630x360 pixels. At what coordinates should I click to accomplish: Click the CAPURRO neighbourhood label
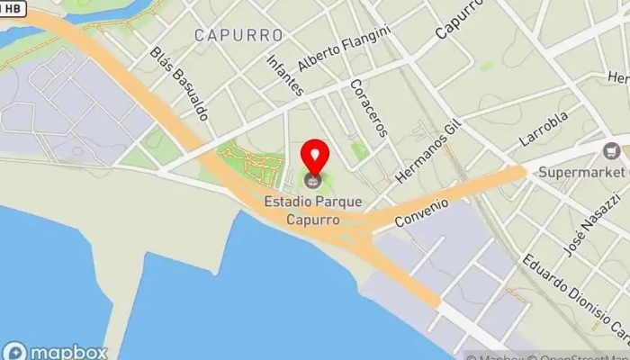pos(238,35)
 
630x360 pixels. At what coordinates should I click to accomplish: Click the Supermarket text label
pos(581,171)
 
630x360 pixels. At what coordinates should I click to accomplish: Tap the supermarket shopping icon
pos(615,150)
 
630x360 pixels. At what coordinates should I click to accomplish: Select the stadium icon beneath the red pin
pos(314,180)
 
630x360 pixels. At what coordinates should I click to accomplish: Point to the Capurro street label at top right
pos(460,18)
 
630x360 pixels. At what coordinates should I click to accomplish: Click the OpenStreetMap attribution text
pos(576,355)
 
